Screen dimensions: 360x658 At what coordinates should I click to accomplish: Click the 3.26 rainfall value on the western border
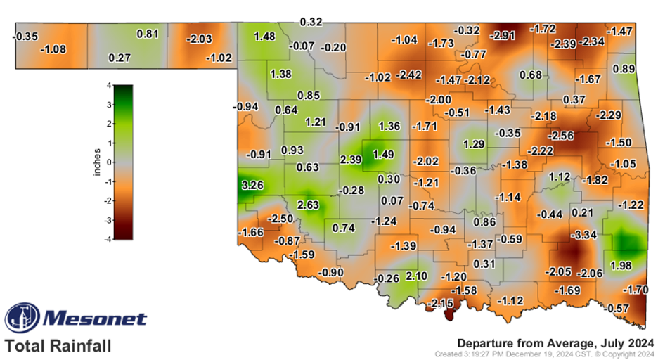(x=252, y=186)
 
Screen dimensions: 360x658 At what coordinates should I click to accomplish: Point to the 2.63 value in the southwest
(x=309, y=205)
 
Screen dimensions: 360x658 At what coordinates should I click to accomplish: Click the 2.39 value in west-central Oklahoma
(x=350, y=160)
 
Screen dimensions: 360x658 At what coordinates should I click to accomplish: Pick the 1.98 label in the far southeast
(x=622, y=265)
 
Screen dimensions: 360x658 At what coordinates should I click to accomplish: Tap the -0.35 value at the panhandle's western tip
(x=26, y=35)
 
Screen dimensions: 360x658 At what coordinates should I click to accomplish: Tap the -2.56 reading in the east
(x=562, y=135)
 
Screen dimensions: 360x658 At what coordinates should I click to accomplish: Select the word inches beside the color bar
(x=98, y=162)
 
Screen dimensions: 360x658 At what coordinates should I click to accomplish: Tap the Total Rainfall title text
(x=58, y=346)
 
